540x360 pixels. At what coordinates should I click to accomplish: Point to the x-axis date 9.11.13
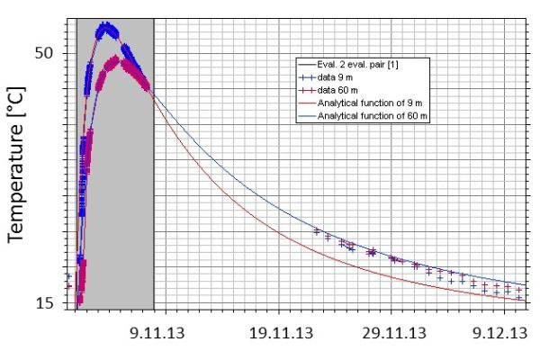click(x=157, y=332)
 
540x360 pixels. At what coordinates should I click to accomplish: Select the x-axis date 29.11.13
click(x=395, y=332)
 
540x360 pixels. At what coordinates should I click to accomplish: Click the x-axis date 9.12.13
click(x=500, y=332)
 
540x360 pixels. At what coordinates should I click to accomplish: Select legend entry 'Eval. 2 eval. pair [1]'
click(x=364, y=64)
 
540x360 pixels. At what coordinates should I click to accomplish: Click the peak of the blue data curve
click(x=106, y=27)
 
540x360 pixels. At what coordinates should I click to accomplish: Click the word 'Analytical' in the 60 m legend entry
click(x=337, y=117)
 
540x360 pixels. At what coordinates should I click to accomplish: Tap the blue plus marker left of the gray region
click(x=68, y=276)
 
